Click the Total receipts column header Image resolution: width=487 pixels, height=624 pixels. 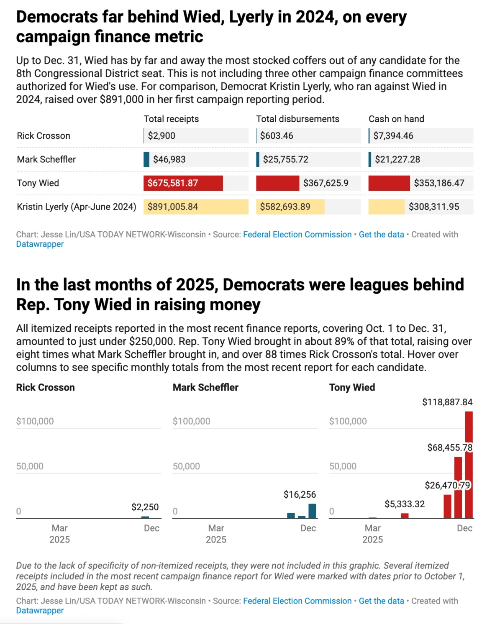[171, 119]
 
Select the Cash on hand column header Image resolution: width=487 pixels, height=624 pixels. [396, 119]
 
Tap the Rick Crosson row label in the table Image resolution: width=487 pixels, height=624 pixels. [44, 136]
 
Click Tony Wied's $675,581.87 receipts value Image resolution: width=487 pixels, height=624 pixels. [172, 183]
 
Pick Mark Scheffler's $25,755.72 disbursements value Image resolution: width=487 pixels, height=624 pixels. [285, 159]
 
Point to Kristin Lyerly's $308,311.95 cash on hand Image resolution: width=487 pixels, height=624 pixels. [433, 207]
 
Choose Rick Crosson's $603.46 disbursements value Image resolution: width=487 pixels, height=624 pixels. [276, 136]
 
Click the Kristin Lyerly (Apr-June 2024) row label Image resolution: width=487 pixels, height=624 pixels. [77, 207]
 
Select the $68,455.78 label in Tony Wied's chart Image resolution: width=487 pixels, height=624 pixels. [449, 448]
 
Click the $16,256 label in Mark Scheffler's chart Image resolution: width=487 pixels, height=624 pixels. [300, 495]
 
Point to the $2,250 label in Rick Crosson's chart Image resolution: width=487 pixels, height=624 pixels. [145, 507]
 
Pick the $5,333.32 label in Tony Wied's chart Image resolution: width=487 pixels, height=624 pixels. [404, 504]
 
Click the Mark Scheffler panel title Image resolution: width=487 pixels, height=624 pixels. [205, 387]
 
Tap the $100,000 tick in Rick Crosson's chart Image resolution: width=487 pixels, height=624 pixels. [35, 421]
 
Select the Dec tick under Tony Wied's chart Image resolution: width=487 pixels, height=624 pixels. [464, 528]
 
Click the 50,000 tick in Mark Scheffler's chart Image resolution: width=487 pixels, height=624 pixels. [186, 466]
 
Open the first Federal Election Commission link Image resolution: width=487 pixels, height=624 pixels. [297, 235]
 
